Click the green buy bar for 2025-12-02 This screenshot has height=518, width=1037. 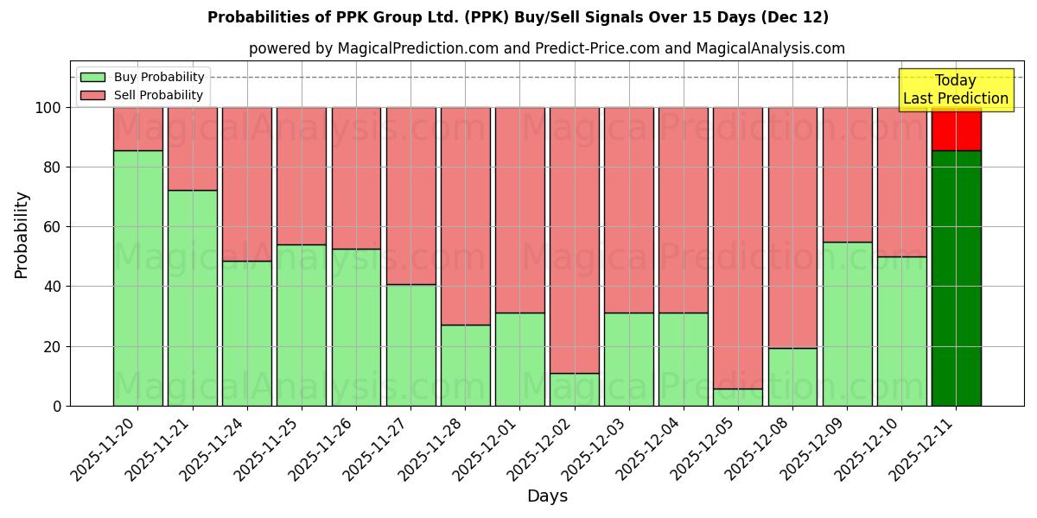click(x=574, y=389)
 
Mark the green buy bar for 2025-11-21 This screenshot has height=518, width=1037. click(x=192, y=298)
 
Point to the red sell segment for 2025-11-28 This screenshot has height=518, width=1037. click(x=465, y=216)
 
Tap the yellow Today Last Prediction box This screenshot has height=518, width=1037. click(x=955, y=90)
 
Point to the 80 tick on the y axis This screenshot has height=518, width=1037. click(x=53, y=167)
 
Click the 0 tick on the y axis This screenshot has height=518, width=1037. click(x=57, y=406)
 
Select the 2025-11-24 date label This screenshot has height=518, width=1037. click(x=215, y=451)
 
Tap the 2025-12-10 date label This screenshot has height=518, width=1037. click(x=870, y=451)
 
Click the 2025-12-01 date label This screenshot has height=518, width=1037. click(x=488, y=451)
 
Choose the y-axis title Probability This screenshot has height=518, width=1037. click(x=22, y=235)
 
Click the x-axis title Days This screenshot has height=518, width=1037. click(x=547, y=496)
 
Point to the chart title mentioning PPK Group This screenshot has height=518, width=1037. click(x=518, y=17)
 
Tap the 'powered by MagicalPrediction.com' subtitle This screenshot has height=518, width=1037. click(x=546, y=48)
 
